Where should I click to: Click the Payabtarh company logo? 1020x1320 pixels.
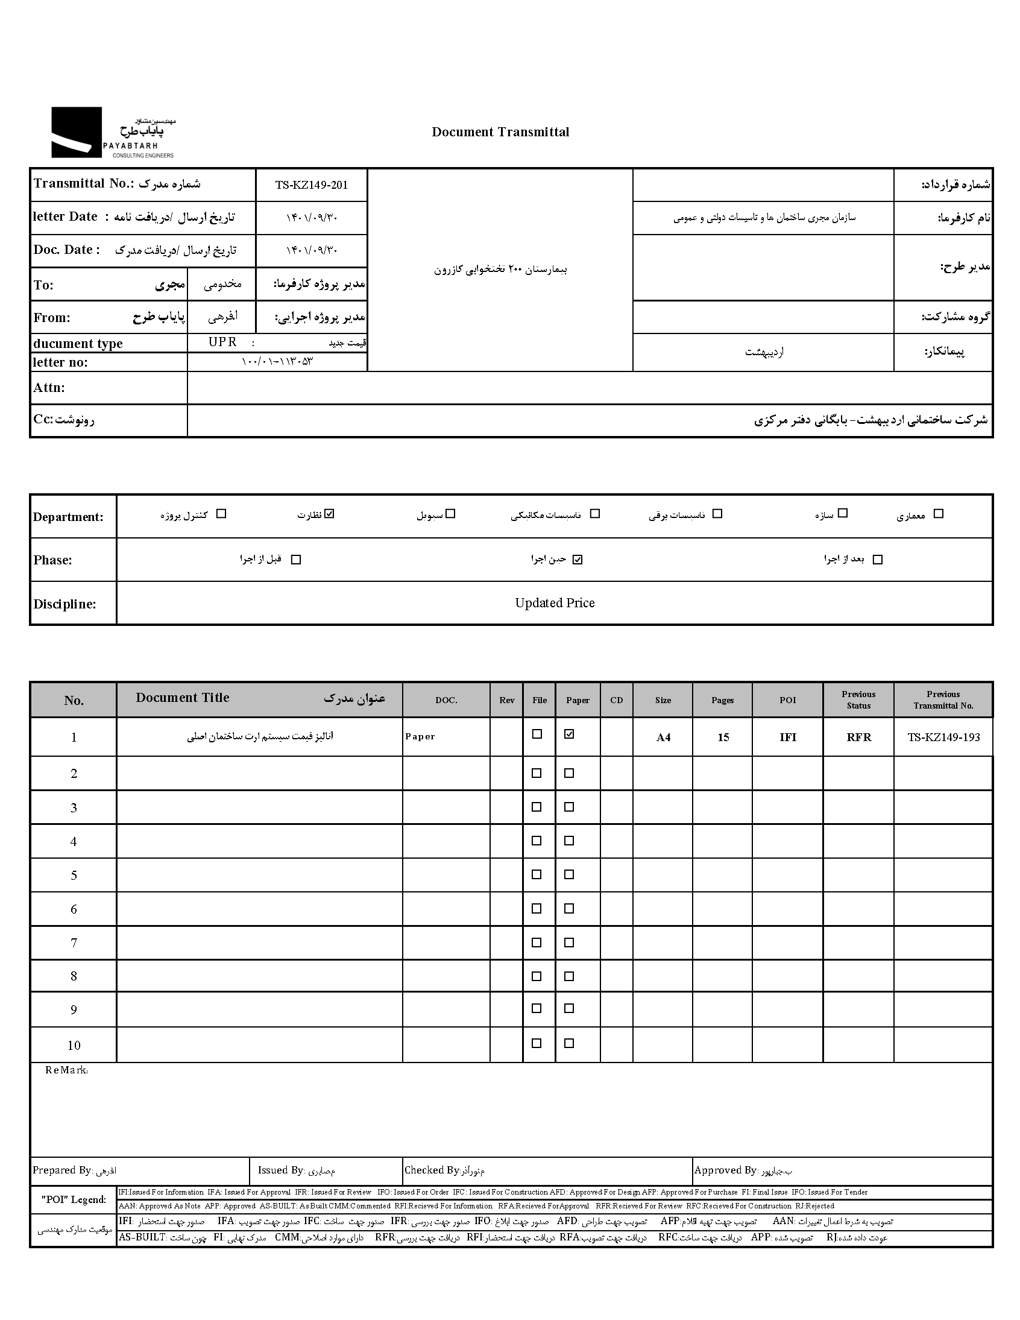click(112, 133)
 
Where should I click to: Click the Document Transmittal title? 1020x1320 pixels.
click(500, 133)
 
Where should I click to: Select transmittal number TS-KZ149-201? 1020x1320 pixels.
click(312, 185)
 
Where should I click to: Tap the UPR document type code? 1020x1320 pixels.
click(222, 342)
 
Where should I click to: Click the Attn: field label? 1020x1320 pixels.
click(49, 388)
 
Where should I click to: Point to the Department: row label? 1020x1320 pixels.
click(68, 517)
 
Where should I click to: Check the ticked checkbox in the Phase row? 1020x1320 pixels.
click(578, 560)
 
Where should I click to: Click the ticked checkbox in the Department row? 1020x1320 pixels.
click(329, 514)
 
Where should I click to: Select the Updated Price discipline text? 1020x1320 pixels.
click(555, 603)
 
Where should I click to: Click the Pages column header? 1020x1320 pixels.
click(722, 701)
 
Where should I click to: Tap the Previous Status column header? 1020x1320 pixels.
click(858, 700)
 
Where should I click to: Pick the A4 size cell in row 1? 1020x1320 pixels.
click(663, 737)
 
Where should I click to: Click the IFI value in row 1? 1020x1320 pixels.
click(788, 737)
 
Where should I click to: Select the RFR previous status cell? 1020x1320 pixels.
click(858, 737)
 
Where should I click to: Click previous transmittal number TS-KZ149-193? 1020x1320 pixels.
click(943, 737)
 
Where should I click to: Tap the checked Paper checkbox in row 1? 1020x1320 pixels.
click(569, 734)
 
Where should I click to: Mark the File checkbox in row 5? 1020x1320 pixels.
click(537, 874)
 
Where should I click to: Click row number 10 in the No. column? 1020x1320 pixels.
click(74, 1046)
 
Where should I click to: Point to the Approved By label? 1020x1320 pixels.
click(725, 1170)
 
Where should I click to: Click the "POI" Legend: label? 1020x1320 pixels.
click(74, 1200)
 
